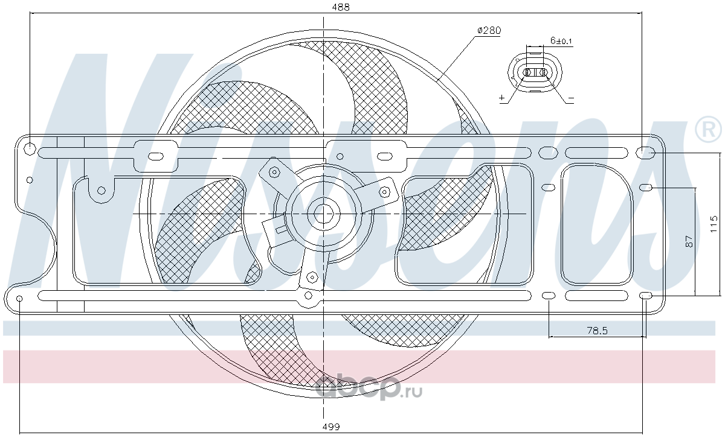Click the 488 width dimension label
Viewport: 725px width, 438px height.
pos(341,7)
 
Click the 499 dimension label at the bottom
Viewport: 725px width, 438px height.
pos(331,427)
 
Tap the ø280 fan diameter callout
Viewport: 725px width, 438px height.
pos(489,31)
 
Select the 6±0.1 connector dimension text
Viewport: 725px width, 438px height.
pos(561,41)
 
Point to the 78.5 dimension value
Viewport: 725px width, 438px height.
pos(597,331)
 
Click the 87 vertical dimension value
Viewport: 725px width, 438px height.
pos(689,241)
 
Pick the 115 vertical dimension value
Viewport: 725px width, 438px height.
pos(714,224)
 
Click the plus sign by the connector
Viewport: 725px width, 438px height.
pos(502,97)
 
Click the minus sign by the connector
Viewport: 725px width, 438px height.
pos(571,98)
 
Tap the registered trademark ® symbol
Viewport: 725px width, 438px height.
pos(708,129)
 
